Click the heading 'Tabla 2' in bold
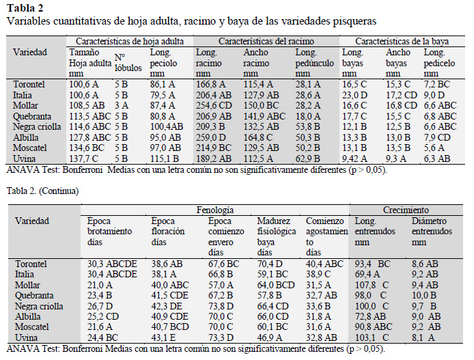click(x=25, y=8)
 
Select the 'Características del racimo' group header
click(x=266, y=41)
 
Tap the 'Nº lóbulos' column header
click(x=128, y=63)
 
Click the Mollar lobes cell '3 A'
click(x=122, y=105)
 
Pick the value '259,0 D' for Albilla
click(x=210, y=137)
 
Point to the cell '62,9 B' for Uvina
click(x=307, y=158)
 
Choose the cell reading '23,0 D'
click(x=354, y=95)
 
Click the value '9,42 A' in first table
click(x=354, y=158)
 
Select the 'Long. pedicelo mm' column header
click(x=439, y=63)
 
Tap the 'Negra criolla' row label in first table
click(x=37, y=126)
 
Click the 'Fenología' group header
click(x=215, y=210)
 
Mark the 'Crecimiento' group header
click(x=406, y=210)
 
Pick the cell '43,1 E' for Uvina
click(x=167, y=337)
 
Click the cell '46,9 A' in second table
click(x=270, y=337)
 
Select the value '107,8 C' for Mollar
click(x=372, y=285)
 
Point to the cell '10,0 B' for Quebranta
click(x=424, y=295)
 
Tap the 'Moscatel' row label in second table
click(x=31, y=327)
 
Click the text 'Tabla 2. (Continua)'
click(x=42, y=191)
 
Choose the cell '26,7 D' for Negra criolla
click(x=100, y=306)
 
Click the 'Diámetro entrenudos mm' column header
click(x=432, y=232)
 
